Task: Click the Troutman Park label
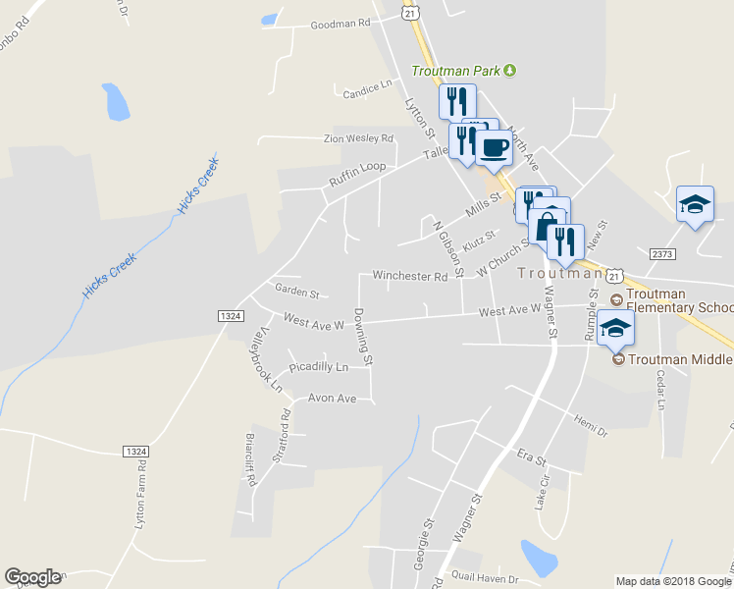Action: click(x=456, y=71)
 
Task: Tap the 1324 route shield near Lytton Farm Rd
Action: click(x=136, y=451)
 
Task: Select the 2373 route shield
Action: click(x=662, y=253)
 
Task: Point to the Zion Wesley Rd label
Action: click(x=358, y=139)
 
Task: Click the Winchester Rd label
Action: click(x=409, y=277)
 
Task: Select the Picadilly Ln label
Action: click(x=318, y=367)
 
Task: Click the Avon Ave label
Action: click(x=333, y=399)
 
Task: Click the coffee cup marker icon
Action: click(x=494, y=148)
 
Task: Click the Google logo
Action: click(x=32, y=577)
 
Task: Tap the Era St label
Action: click(x=530, y=457)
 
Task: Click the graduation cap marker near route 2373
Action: click(x=695, y=204)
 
